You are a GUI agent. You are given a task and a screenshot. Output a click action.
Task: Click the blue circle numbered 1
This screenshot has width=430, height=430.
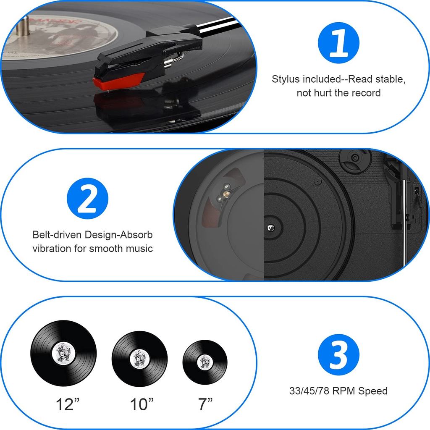(x=338, y=43)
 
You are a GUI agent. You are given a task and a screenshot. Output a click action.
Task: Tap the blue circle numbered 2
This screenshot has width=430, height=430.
(x=87, y=198)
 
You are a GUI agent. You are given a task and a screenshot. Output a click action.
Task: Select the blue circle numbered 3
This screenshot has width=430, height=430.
(x=338, y=354)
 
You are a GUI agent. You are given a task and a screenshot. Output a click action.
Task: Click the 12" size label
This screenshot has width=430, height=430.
(x=68, y=404)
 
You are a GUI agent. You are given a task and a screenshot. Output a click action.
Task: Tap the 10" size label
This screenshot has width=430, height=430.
(x=142, y=404)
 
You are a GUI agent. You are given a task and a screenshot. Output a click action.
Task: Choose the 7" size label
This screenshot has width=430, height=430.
(x=205, y=404)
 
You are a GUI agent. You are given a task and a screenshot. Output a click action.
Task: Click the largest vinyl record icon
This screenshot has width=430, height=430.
(x=63, y=353)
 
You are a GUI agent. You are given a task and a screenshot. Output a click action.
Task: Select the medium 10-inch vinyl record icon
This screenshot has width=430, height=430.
(x=139, y=359)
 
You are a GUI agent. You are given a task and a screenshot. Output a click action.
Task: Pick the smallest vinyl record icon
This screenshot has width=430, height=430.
(x=205, y=362)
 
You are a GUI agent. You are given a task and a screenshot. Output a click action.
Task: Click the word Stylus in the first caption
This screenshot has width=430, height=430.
(x=286, y=79)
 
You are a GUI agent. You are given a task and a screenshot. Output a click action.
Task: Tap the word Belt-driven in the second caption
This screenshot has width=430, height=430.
(x=57, y=235)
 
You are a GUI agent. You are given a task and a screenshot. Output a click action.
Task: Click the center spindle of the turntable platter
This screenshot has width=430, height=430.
(x=271, y=228)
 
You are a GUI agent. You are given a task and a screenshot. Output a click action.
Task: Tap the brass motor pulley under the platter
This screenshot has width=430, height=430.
(x=226, y=194)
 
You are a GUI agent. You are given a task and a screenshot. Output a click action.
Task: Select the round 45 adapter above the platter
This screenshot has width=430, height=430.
(x=355, y=158)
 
